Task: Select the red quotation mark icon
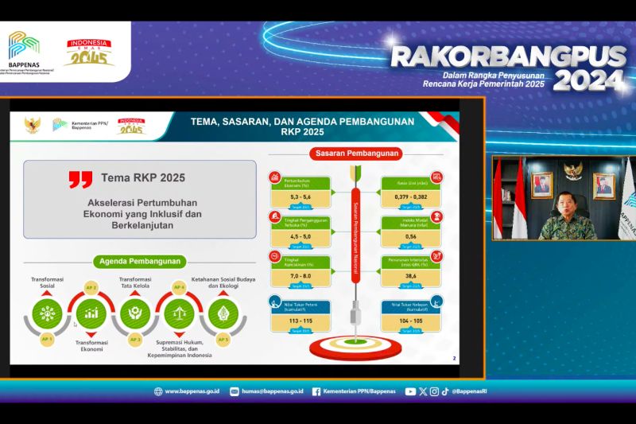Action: (80, 179)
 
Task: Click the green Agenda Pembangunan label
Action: (140, 261)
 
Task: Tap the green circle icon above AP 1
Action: (47, 312)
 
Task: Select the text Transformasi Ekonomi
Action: (91, 347)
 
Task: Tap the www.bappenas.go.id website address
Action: (192, 391)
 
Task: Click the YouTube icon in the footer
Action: (410, 391)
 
